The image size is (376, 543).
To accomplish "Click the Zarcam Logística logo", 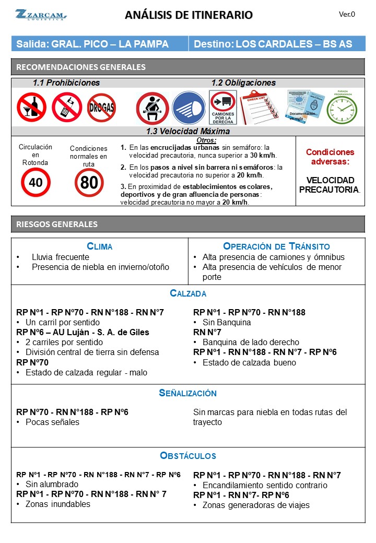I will [40, 15].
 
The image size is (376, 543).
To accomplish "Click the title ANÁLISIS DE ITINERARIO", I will [189, 15].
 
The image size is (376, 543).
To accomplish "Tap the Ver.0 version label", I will [347, 14].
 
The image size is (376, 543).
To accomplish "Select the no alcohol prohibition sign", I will [31, 108].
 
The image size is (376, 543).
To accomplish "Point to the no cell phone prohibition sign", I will [66, 108].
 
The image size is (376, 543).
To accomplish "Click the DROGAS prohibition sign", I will [101, 108].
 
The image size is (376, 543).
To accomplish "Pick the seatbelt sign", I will [152, 108].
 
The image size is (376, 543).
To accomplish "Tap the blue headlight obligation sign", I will [189, 108].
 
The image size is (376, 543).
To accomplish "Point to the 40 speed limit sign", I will [36, 183].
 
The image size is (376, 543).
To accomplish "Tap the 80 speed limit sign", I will [89, 183].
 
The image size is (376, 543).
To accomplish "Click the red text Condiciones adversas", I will [330, 157].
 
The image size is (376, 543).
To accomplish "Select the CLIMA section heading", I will [99, 246].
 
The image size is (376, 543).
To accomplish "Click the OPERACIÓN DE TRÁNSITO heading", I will [276, 246].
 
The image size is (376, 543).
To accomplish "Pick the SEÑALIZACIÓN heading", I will [188, 393].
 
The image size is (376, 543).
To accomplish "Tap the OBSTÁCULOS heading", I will [188, 456].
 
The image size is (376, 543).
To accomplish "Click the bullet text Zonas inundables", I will [58, 504].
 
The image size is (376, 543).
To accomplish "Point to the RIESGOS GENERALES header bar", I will [188, 225].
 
